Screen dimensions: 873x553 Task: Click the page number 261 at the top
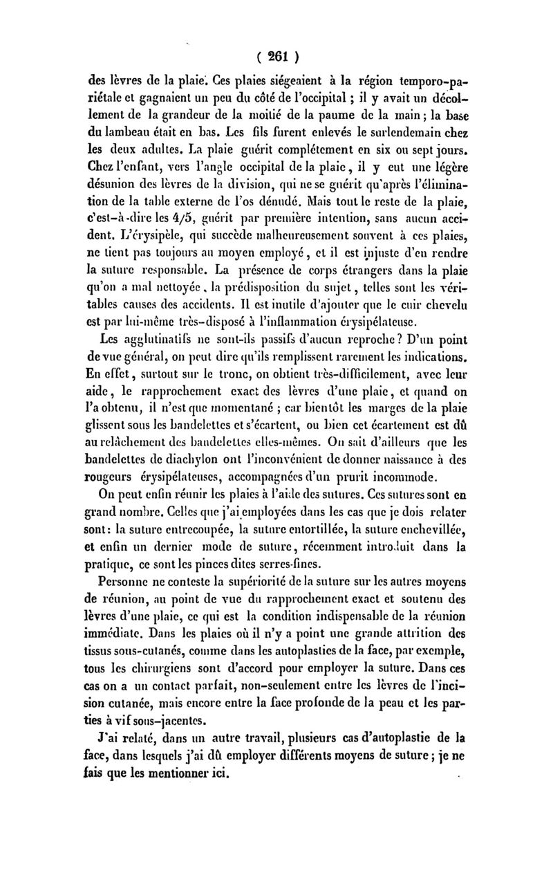pyautogui.click(x=277, y=55)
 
